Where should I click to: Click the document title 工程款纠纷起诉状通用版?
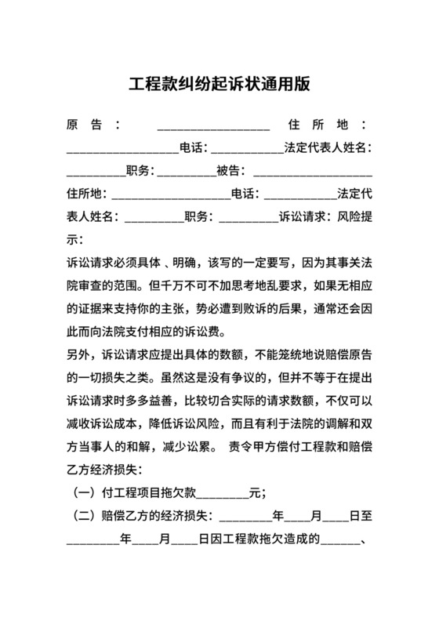(219, 84)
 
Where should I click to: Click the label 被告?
(228, 170)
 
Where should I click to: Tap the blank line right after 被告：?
(312, 170)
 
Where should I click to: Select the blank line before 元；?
(224, 493)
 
